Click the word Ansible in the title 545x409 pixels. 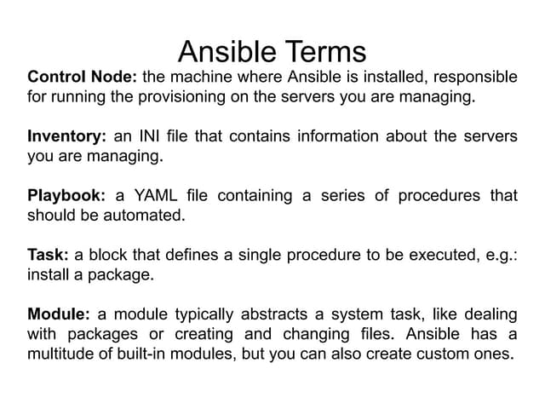(227, 51)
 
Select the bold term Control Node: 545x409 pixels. (83, 77)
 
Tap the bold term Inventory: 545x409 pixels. (66, 137)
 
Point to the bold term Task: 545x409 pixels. (48, 255)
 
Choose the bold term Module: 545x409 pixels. (59, 314)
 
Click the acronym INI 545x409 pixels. (149, 136)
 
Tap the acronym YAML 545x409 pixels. (156, 195)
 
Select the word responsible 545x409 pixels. (475, 78)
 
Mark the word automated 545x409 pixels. (144, 216)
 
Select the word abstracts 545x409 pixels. (274, 314)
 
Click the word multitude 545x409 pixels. (60, 354)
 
